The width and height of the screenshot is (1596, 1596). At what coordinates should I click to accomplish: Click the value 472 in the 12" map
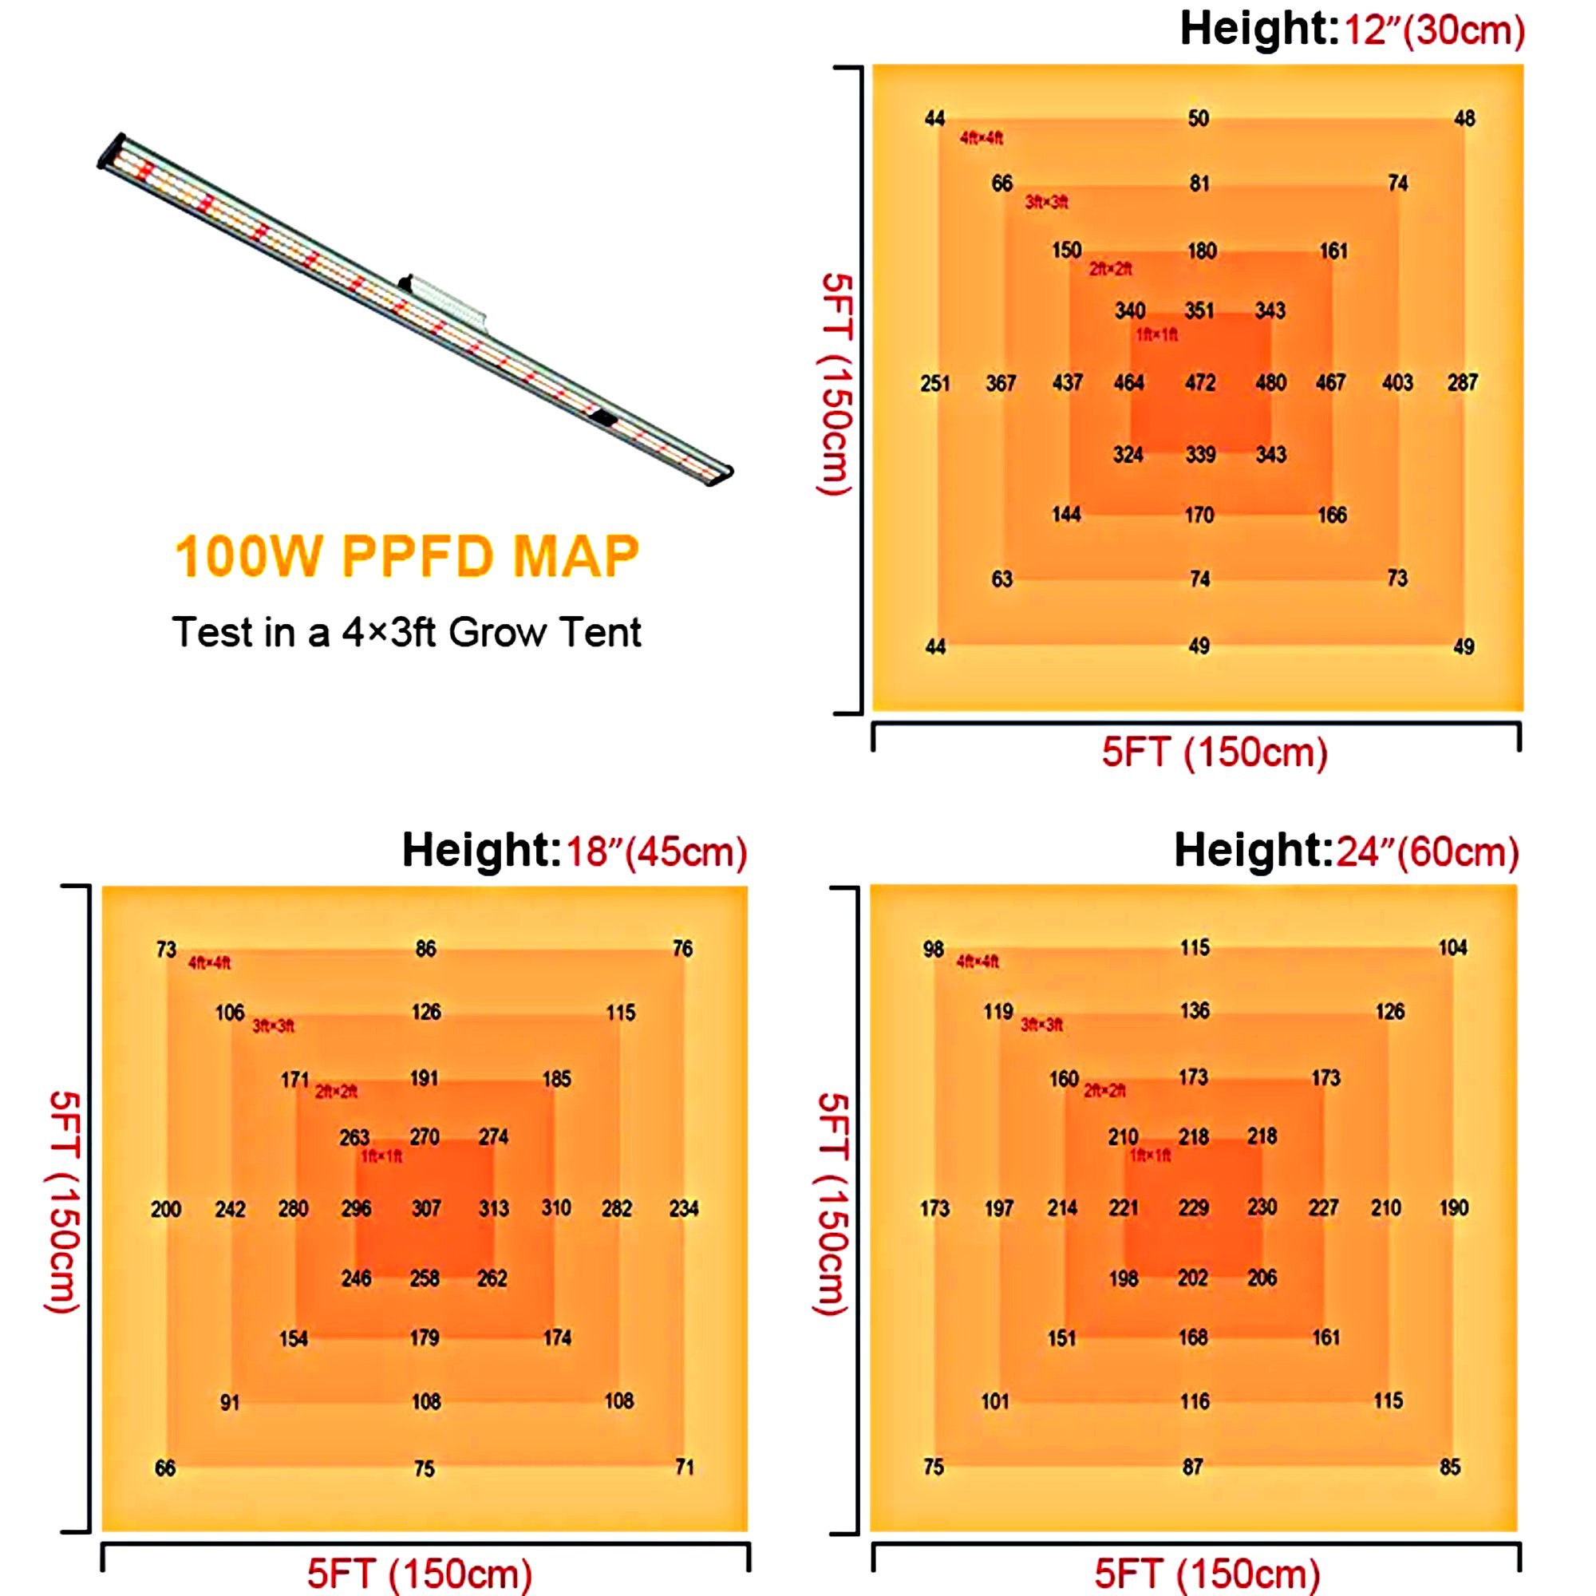coord(1199,382)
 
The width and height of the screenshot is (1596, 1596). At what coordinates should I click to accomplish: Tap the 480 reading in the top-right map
coord(1270,382)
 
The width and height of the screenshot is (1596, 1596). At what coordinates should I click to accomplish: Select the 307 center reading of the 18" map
coord(426,1208)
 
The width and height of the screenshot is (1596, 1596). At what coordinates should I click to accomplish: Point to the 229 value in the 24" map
coord(1194,1207)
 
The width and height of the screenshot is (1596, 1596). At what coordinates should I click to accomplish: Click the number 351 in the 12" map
coord(1199,310)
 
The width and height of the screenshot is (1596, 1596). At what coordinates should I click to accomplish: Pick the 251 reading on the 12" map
coord(935,383)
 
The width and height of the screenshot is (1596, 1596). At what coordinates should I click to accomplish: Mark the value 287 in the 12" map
coord(1462,382)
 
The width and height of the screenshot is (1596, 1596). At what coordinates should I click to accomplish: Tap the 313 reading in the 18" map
coord(494,1208)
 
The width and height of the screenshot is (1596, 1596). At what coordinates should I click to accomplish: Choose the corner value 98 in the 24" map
coord(934,949)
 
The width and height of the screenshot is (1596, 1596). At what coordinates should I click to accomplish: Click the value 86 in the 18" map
coord(425,948)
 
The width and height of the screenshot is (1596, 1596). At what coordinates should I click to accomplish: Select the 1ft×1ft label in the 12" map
coord(1156,334)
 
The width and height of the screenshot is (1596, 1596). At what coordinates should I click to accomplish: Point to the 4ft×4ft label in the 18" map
coord(210,963)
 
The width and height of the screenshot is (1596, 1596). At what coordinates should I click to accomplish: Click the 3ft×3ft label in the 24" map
coord(1041,1025)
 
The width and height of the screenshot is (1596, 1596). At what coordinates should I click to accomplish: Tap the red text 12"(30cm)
coord(1434,30)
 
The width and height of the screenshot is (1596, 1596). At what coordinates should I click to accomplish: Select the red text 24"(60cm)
coord(1428,851)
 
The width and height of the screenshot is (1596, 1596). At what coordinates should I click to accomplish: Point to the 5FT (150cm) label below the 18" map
coord(420,1574)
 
